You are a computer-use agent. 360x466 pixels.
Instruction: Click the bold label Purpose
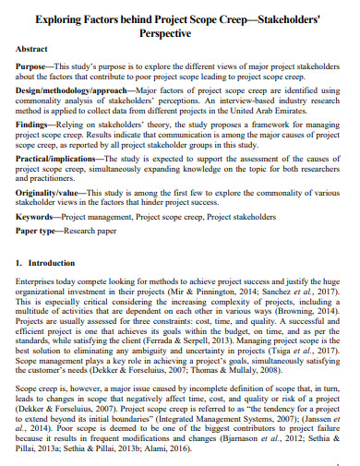click(x=33, y=68)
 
